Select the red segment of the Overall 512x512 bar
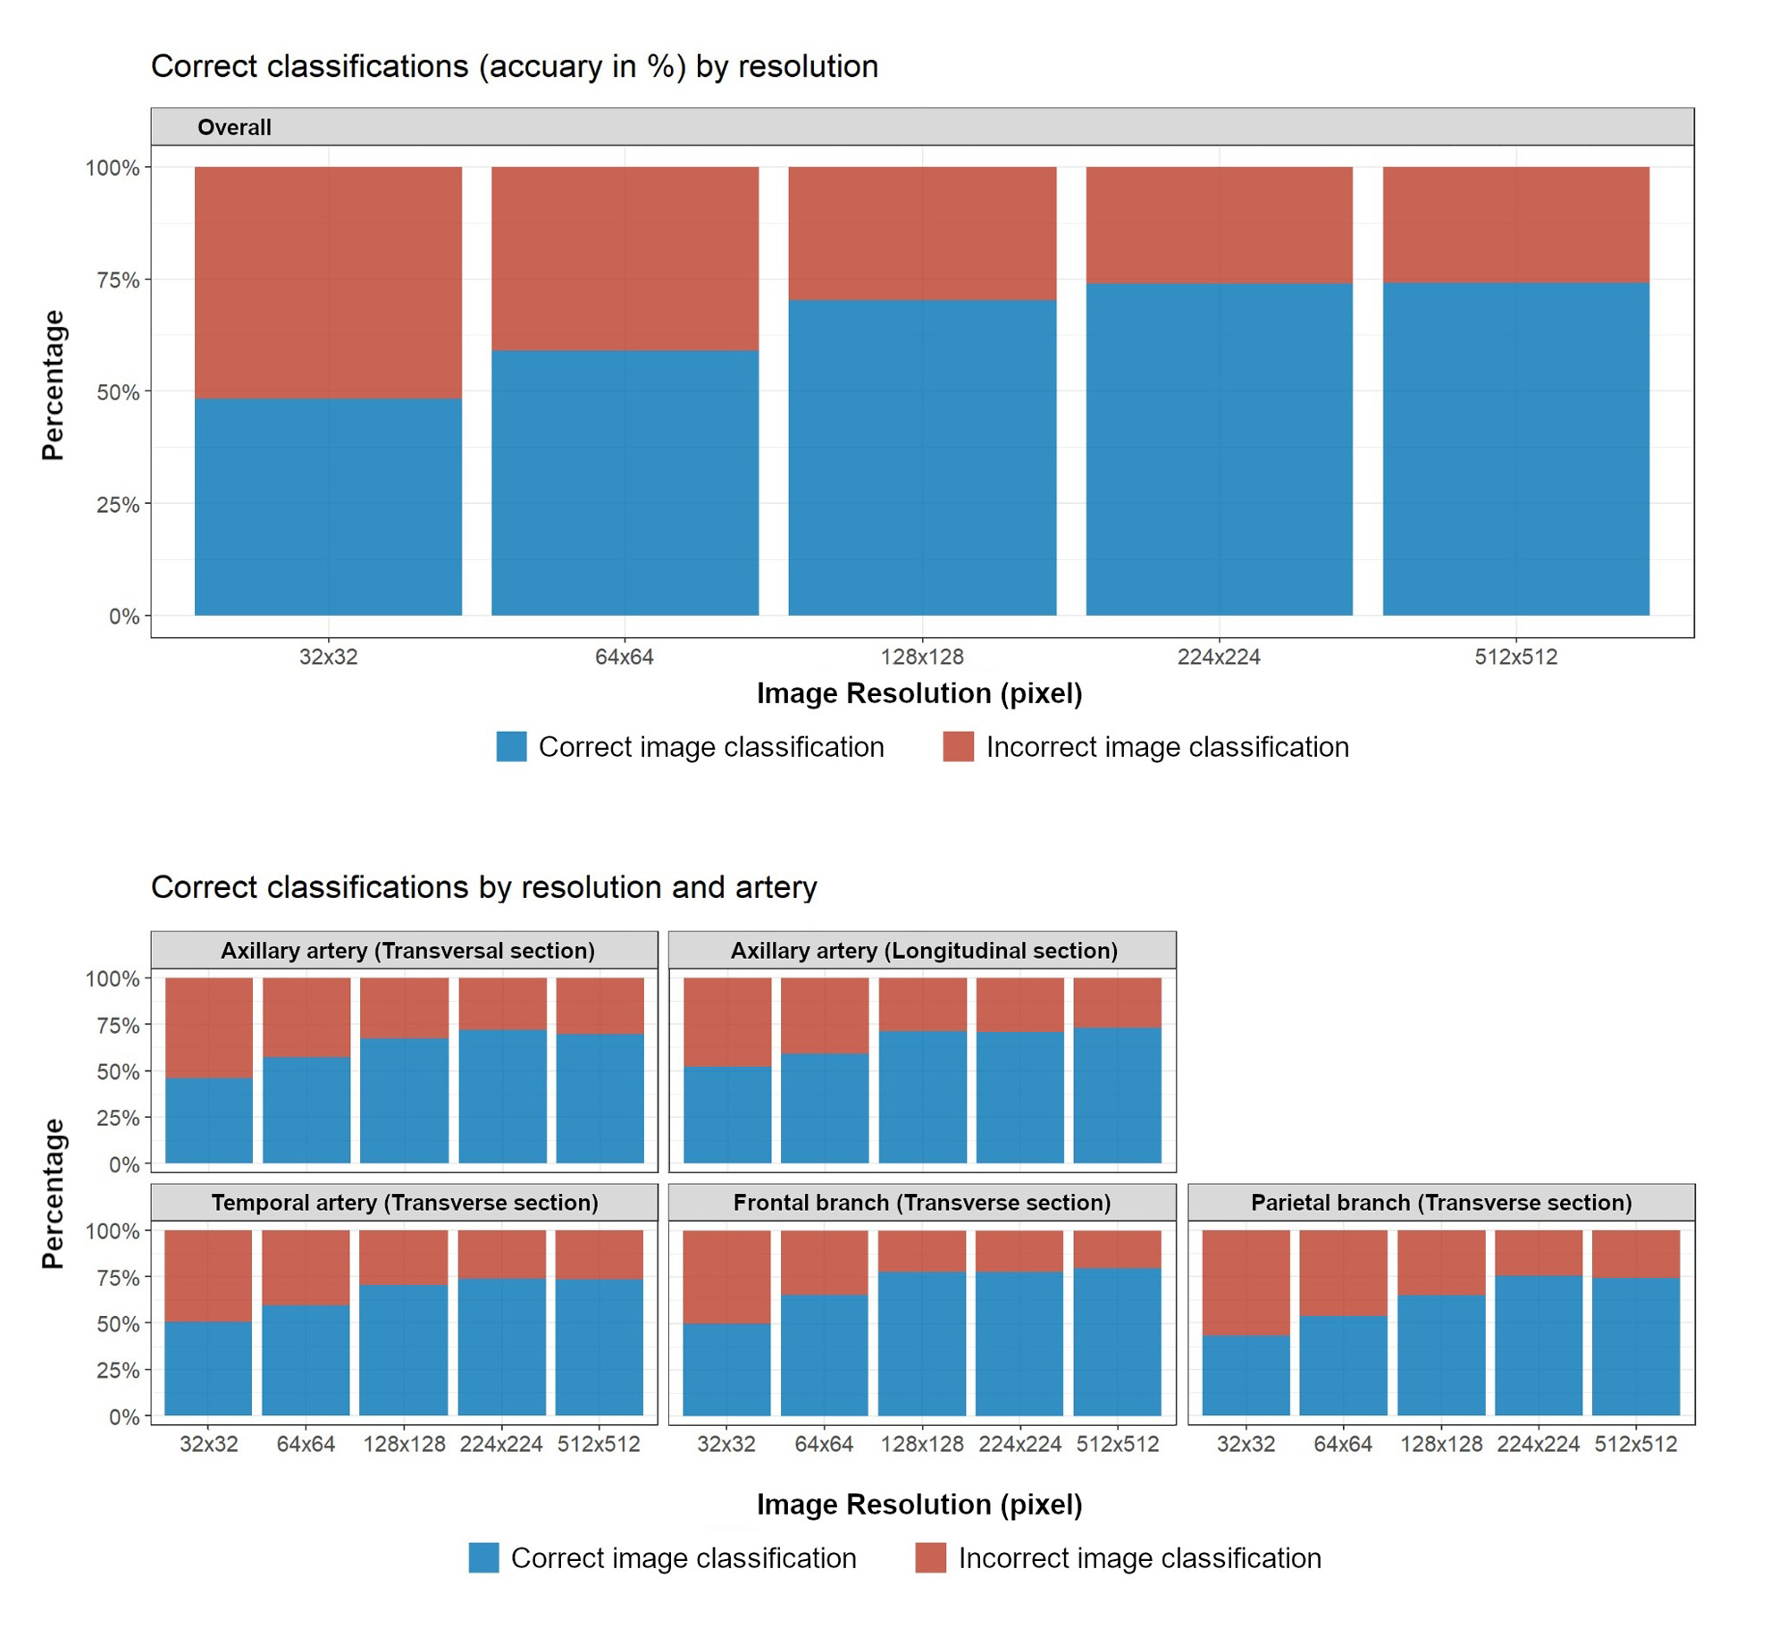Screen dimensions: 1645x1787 coord(1515,224)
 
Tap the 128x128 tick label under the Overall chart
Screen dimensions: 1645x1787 coord(922,657)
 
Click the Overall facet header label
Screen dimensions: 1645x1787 coord(234,128)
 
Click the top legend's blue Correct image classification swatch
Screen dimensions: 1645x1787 coord(511,746)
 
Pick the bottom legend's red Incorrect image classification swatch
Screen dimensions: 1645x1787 coord(930,1557)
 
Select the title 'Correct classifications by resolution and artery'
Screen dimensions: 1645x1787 coord(483,886)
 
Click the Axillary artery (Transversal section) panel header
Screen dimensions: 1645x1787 coord(407,950)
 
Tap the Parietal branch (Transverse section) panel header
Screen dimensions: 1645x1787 coord(1440,1202)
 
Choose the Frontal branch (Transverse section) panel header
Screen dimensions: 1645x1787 coord(922,1202)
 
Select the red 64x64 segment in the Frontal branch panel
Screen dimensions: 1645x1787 coord(824,1262)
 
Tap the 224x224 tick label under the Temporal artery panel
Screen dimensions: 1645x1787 coord(501,1444)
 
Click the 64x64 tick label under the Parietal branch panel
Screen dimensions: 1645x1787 coord(1342,1444)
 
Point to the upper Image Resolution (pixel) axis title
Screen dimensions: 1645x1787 coord(919,693)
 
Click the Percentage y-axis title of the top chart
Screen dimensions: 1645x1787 coord(53,385)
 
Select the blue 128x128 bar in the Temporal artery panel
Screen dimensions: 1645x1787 coord(404,1349)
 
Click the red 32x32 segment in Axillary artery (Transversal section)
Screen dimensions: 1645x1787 coord(209,1028)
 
